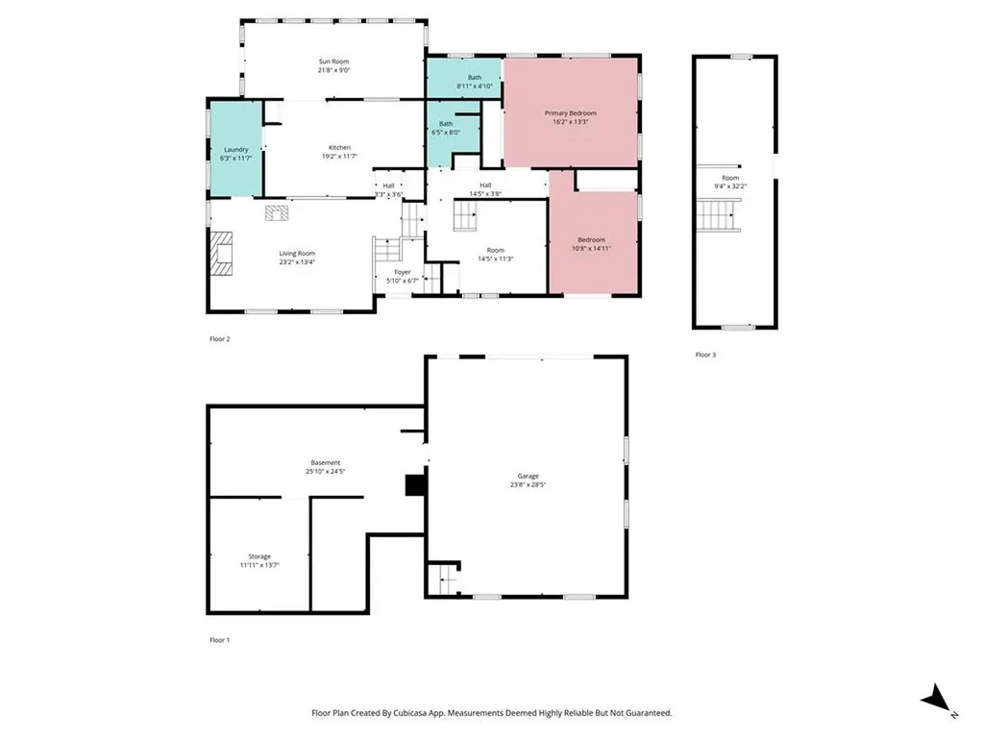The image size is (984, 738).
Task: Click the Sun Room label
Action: pos(333,61)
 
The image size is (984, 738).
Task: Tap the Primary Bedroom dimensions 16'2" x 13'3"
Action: pos(572,122)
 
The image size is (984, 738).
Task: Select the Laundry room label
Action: pos(236,149)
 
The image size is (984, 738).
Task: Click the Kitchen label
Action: pos(339,147)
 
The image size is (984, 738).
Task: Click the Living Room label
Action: pos(297,253)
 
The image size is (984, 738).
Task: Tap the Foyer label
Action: pos(402,272)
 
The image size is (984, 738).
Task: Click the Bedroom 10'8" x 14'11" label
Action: pos(591,239)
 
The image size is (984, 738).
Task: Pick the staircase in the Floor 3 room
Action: pos(719,214)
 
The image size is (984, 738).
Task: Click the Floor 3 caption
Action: pos(705,355)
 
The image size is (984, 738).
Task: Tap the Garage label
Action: pos(528,476)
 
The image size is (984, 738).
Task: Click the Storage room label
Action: pos(259,556)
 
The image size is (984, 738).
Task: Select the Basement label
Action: pos(325,463)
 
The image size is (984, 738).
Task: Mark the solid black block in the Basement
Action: pos(415,485)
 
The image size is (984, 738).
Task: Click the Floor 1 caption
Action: pos(220,639)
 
